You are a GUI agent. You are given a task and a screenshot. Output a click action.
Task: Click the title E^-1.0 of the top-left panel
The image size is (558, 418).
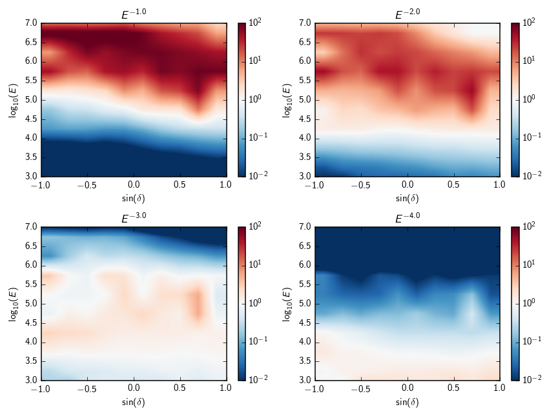tap(134, 15)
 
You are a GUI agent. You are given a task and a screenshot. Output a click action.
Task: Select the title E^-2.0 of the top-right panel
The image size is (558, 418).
tap(408, 15)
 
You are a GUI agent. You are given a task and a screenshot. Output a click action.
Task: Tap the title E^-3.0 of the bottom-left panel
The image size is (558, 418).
tap(134, 219)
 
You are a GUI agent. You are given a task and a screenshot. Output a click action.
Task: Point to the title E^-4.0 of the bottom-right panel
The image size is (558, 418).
tap(408, 219)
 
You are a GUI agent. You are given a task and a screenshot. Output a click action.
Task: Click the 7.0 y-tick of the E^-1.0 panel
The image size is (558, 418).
tap(31, 23)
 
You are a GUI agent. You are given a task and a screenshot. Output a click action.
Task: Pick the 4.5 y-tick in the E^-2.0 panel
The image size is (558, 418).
tap(305, 119)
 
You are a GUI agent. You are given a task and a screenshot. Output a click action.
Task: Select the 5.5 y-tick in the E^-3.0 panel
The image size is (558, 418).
tap(31, 284)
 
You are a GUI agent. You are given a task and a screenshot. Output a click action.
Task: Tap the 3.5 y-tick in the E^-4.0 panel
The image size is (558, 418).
tap(305, 361)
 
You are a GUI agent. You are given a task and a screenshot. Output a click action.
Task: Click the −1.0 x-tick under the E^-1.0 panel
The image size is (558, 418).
tap(40, 184)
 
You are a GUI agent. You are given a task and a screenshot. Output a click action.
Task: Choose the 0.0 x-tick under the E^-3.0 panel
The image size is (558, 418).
tap(134, 388)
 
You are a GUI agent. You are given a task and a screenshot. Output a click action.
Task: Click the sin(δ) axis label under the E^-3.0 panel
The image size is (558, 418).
tap(134, 402)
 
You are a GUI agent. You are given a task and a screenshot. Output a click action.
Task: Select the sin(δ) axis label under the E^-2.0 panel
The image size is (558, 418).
tap(408, 198)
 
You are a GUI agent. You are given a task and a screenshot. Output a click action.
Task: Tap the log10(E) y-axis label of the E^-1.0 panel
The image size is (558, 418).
tap(14, 100)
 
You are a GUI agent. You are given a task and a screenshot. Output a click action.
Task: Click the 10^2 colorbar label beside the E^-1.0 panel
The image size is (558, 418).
tap(254, 23)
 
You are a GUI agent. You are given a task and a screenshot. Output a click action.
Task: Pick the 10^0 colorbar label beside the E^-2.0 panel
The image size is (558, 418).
tap(528, 100)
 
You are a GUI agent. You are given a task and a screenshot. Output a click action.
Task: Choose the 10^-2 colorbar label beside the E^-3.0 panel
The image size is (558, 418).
tap(256, 381)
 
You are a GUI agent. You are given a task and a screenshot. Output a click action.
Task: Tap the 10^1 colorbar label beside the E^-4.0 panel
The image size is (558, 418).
tap(528, 265)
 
